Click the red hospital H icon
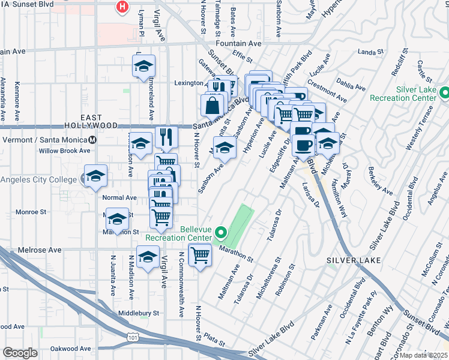(x=122, y=8)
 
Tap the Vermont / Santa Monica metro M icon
(x=92, y=140)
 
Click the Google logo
(x=20, y=353)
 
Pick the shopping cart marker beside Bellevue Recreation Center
(x=200, y=255)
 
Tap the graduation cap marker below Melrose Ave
(x=148, y=257)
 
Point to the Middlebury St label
(x=138, y=313)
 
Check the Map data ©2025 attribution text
(x=424, y=355)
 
